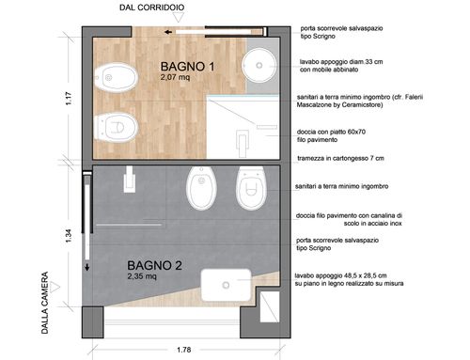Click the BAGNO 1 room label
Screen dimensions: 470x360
coord(187,67)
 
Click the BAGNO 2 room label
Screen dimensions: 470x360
coord(154,266)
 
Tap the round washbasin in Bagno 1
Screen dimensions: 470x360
coord(259,65)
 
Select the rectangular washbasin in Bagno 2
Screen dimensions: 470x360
coord(226,285)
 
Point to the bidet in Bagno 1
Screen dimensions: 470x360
coord(116,77)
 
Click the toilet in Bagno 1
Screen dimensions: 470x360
coord(116,127)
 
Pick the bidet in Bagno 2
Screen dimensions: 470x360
coord(201,188)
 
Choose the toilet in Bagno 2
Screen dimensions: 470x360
coord(251,188)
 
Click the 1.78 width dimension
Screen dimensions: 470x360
coord(183,350)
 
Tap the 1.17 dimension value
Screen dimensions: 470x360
coord(69,98)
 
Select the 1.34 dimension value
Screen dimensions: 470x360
coord(69,236)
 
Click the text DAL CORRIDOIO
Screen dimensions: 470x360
coord(151,8)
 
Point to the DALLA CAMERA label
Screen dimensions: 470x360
coord(45,303)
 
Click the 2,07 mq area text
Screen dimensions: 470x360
coord(175,77)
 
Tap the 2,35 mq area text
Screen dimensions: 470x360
coord(142,276)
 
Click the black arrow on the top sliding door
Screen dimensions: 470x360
coord(168,32)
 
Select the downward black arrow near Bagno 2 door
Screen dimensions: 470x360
coord(87,267)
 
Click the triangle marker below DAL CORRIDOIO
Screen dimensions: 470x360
coord(179,18)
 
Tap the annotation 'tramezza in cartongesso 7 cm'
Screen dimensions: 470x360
coord(340,158)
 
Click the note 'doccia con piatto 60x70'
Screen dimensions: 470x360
coord(331,132)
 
